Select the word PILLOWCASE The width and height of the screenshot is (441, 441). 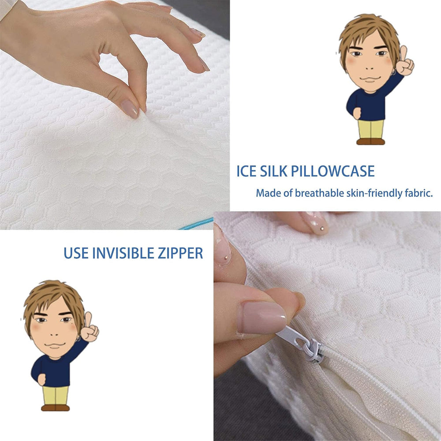tap(333, 171)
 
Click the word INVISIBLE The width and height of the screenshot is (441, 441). tap(123, 253)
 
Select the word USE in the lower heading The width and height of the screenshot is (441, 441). tap(76, 253)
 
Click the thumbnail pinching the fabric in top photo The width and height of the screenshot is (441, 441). tap(130, 109)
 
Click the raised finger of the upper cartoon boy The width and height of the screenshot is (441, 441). tap(404, 53)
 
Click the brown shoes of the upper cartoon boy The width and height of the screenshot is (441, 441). tap(370, 142)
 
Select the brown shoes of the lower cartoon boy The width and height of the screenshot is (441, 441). tap(55, 408)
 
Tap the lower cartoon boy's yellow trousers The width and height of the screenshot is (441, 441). tap(55, 396)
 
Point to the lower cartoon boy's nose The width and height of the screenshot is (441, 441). tap(55, 334)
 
